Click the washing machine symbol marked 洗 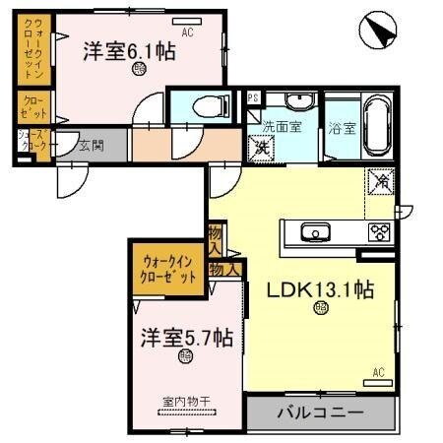pyautogui.click(x=263, y=147)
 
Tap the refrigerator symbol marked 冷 pyautogui.click(x=380, y=181)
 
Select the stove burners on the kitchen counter pyautogui.click(x=378, y=233)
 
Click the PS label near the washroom pyautogui.click(x=253, y=96)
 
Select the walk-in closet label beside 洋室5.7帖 pyautogui.click(x=169, y=269)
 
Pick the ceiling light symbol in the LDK pyautogui.click(x=322, y=310)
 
